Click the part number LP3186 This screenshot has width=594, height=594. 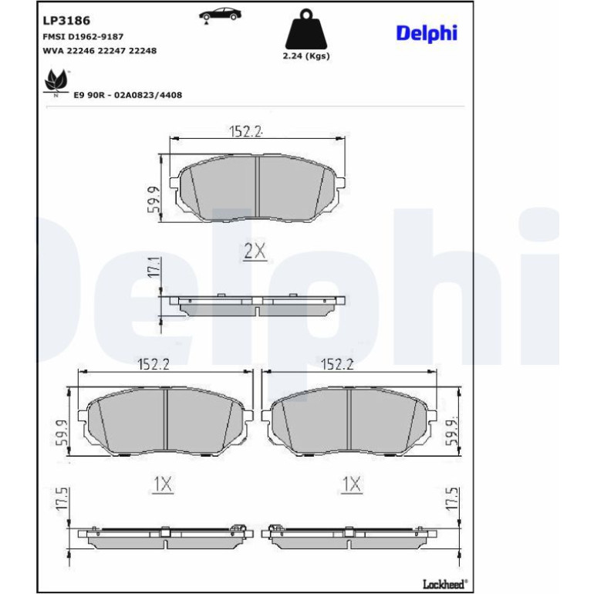point(66,21)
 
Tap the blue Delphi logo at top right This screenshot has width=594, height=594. point(427,33)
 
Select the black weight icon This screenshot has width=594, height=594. point(306,29)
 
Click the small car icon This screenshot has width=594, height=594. point(221,15)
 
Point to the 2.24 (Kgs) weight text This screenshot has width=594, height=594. point(306,56)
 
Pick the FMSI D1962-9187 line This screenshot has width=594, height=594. point(83,37)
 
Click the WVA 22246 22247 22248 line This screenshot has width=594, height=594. point(100,51)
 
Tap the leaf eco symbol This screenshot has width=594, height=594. point(56,83)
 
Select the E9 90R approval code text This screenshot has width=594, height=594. point(127,95)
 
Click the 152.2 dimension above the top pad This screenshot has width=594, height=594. point(245,131)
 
